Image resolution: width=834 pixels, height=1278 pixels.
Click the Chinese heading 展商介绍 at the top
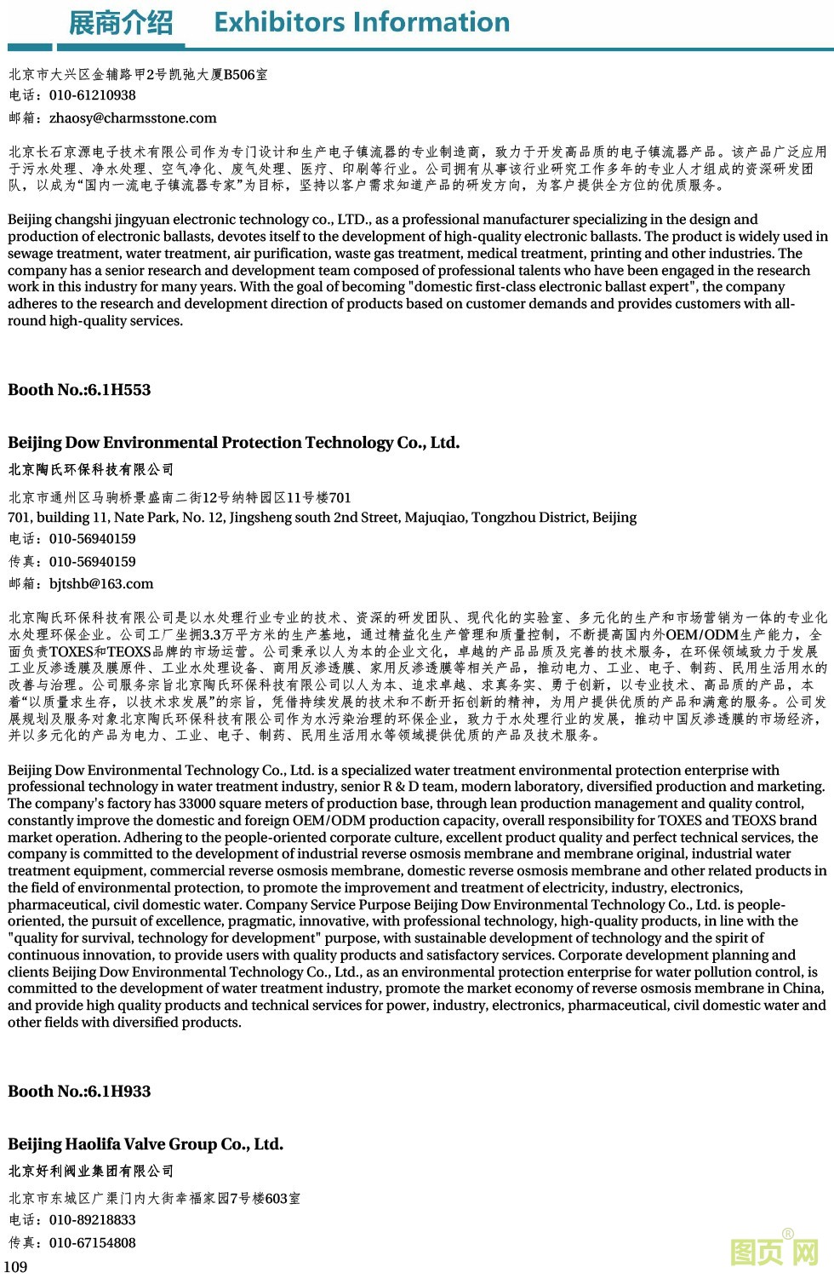pos(120,23)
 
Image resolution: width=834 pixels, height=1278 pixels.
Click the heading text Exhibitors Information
pos(362,22)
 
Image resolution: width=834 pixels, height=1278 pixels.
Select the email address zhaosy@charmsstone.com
pos(133,118)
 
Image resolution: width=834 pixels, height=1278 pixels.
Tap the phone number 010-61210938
pos(92,95)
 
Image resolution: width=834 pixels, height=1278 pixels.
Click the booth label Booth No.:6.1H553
pos(79,390)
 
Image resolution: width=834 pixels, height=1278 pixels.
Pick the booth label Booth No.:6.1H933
pos(79,1092)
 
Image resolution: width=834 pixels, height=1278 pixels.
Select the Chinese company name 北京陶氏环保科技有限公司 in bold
pos(91,469)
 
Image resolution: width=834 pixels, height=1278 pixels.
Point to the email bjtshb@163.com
pos(101,584)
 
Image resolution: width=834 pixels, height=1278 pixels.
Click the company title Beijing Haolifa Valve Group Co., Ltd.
pos(146,1144)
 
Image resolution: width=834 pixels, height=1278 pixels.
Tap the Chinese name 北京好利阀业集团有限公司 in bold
pos(91,1171)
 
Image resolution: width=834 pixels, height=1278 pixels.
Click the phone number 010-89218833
pos(92,1220)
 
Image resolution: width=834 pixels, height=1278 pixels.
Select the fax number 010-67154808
pos(92,1243)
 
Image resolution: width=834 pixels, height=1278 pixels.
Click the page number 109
pos(16,1267)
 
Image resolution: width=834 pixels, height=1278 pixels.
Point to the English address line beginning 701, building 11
pos(322,518)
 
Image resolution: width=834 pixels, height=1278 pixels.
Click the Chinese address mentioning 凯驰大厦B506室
pos(138,75)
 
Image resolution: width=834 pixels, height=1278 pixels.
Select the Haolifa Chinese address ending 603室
pos(154,1198)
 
